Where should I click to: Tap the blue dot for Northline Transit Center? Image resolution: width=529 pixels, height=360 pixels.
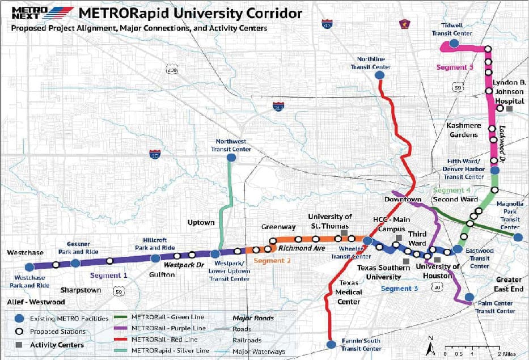(x=380, y=75)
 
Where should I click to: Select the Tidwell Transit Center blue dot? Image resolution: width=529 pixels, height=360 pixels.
(x=454, y=43)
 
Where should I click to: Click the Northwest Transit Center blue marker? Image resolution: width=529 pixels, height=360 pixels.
(x=231, y=158)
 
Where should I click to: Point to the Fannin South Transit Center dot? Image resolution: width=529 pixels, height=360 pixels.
(x=332, y=344)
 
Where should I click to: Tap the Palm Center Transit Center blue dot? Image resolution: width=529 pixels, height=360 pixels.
(x=469, y=297)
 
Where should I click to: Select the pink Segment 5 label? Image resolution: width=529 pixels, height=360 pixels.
(x=455, y=67)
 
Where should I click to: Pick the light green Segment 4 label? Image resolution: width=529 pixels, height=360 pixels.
(x=453, y=190)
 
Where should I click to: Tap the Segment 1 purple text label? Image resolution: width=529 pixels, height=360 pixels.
(x=108, y=275)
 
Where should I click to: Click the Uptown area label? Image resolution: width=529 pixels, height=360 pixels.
(x=201, y=223)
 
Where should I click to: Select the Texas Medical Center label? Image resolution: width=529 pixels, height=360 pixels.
(x=349, y=292)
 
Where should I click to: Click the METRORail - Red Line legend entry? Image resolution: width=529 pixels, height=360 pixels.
(x=165, y=339)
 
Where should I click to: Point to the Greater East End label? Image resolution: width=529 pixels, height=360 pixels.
(x=509, y=285)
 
